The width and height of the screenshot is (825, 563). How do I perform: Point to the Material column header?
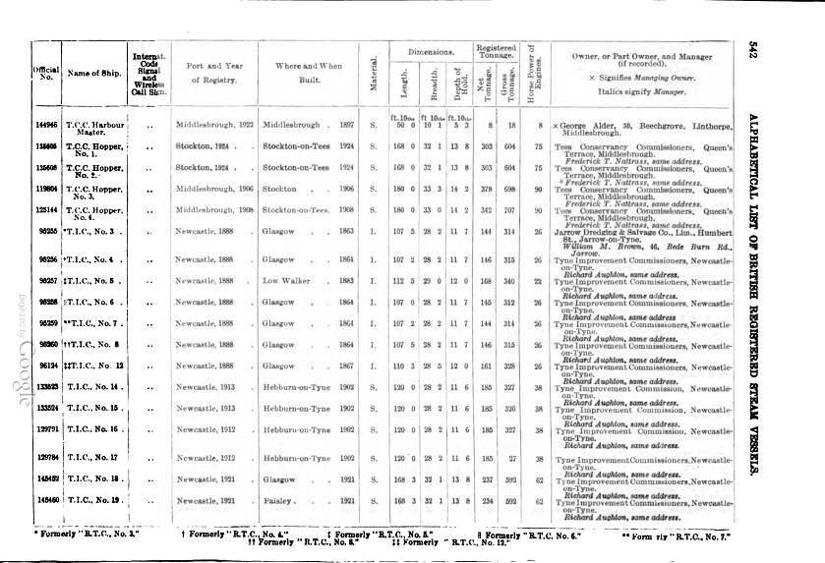[374, 75]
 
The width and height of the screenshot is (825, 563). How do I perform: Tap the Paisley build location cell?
[279, 501]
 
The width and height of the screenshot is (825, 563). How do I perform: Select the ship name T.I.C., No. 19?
[94, 501]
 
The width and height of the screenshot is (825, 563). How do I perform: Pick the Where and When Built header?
[308, 73]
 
